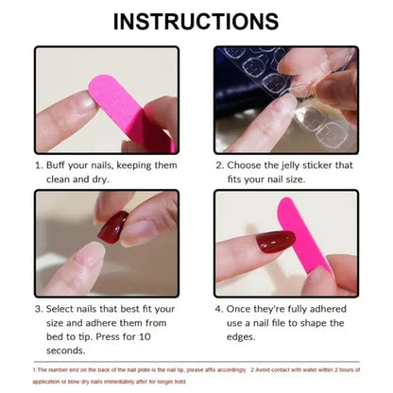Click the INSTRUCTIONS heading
(x=196, y=21)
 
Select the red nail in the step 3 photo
(x=112, y=227)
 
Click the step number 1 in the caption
(x=39, y=163)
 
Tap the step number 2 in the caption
(x=218, y=163)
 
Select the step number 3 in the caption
(x=39, y=307)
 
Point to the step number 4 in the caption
(x=218, y=307)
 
